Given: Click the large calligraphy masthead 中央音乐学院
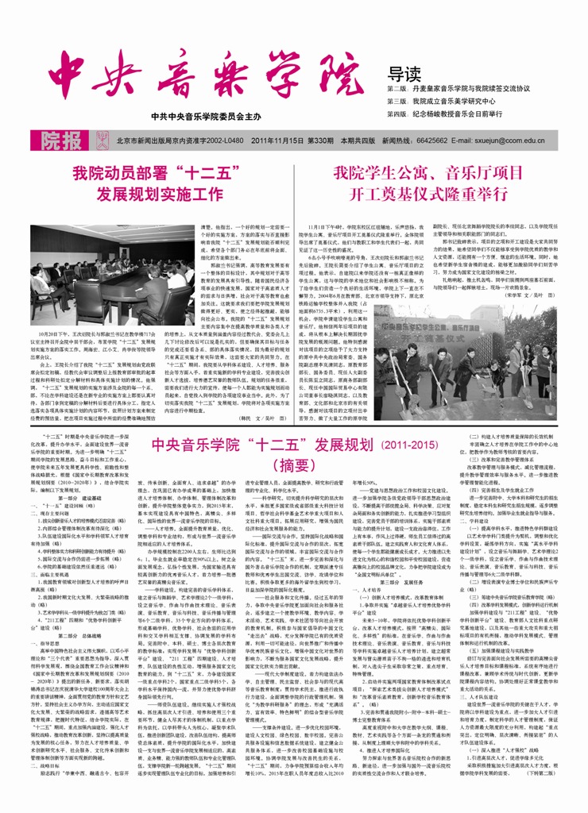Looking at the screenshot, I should tap(202, 75).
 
